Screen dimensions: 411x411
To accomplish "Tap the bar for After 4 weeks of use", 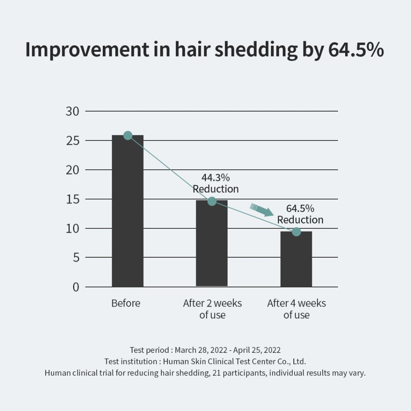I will (x=296, y=261).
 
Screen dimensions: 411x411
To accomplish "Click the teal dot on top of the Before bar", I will (x=128, y=136).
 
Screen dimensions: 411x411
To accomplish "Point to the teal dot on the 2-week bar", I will (x=212, y=201).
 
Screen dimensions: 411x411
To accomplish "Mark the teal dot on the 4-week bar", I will (x=296, y=232).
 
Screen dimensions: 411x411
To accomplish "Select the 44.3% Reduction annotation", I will (x=216, y=183).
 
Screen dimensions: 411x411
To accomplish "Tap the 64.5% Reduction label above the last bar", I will (x=300, y=214).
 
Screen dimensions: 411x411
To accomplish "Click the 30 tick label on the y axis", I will (x=73, y=112).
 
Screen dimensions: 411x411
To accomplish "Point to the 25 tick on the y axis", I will (x=73, y=141).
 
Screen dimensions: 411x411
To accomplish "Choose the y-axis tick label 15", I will (x=73, y=199).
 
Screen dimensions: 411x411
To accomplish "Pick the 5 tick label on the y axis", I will (x=76, y=258).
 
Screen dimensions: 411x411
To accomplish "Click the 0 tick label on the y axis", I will (x=76, y=287).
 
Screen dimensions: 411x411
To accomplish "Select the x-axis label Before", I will (x=126, y=303).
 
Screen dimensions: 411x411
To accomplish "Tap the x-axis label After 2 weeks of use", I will (x=212, y=309).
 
